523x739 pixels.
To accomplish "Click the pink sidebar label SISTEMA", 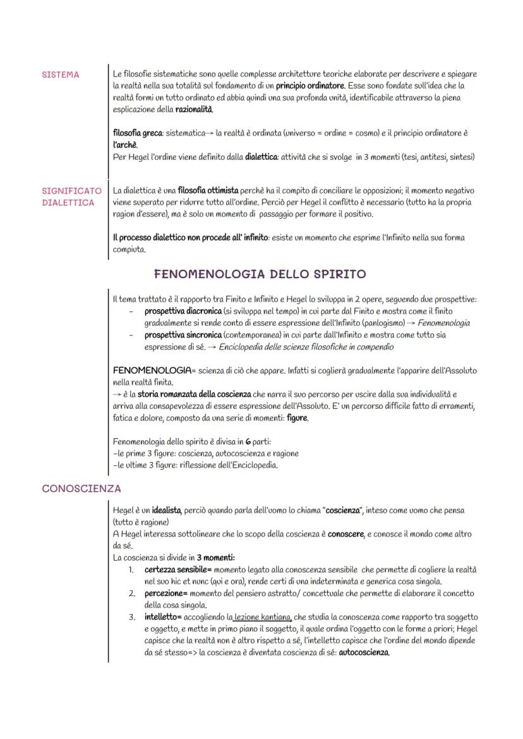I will [61, 75].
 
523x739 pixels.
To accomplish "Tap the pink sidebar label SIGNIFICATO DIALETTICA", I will [71, 196].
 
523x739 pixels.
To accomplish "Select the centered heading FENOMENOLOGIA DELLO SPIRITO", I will [260, 274].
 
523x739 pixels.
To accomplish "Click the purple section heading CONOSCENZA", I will [81, 489].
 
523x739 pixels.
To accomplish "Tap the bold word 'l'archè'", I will [125, 145].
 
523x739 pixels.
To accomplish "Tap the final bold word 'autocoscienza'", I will [364, 652].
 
